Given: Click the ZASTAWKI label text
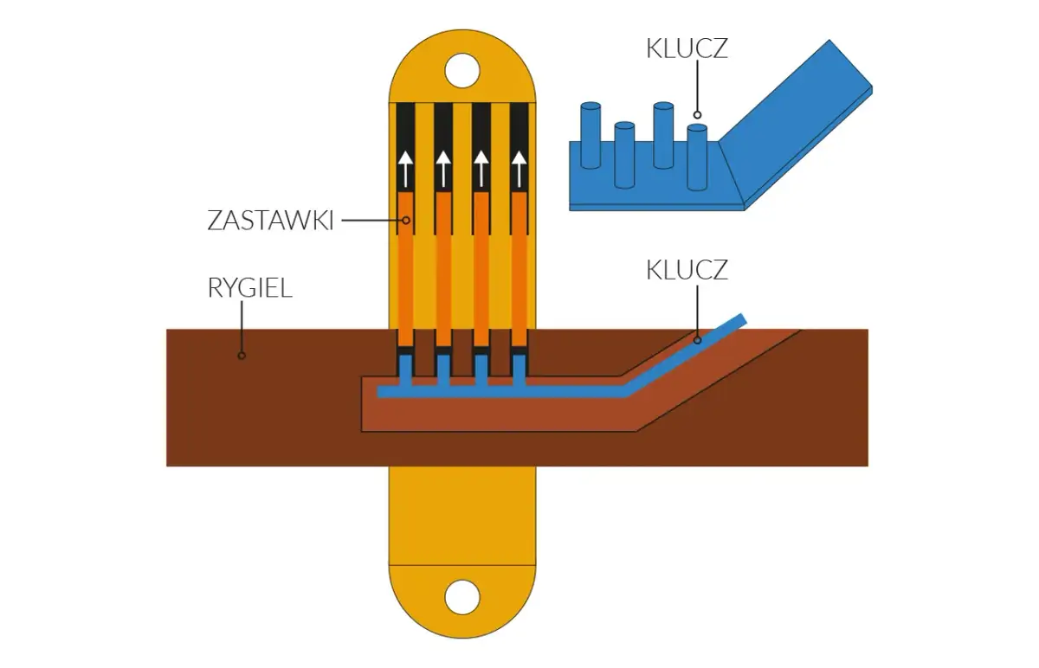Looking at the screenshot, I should tap(270, 220).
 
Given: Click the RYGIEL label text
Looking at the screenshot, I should tap(249, 287).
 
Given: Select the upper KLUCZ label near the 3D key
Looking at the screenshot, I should tap(687, 48).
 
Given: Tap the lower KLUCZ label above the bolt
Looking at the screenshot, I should tap(687, 270).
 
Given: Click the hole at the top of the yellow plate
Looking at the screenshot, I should tap(461, 71).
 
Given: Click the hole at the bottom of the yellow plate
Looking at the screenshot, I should tap(461, 597).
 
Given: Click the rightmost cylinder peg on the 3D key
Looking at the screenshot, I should tap(697, 156).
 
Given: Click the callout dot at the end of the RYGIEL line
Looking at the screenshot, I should tap(242, 355).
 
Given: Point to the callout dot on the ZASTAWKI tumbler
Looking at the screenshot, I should tap(405, 220).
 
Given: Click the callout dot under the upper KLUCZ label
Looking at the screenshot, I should tap(697, 113).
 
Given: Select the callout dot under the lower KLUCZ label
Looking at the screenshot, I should tap(697, 340).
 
